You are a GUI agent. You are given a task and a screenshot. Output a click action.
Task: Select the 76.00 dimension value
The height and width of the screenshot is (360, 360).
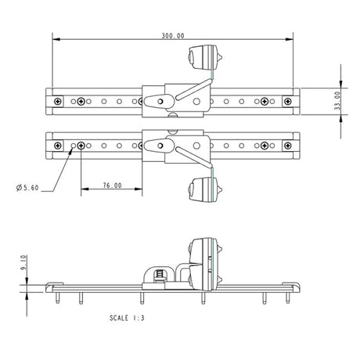click(x=112, y=186)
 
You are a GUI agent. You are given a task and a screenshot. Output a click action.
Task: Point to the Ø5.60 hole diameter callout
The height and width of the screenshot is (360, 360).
click(x=27, y=188)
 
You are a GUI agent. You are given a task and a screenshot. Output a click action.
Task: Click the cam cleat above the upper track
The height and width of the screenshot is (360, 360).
click(x=204, y=58)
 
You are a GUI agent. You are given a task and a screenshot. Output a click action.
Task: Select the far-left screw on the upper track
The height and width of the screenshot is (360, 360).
click(x=58, y=101)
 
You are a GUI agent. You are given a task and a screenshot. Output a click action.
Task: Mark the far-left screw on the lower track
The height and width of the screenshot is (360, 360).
click(x=58, y=146)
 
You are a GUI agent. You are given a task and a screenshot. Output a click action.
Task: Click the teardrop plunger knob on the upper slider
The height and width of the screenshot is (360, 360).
click(x=157, y=101)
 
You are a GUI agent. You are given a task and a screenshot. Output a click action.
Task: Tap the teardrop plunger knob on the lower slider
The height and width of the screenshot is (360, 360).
click(x=157, y=146)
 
